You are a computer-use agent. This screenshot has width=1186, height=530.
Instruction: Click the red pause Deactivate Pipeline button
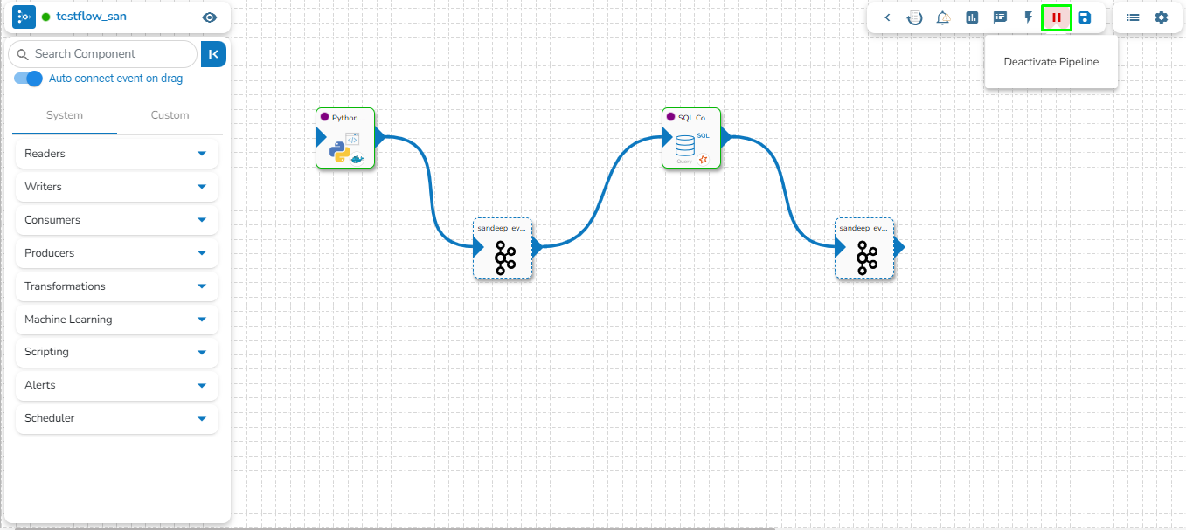click(1057, 17)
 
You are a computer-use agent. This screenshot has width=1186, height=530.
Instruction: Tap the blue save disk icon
click(1085, 17)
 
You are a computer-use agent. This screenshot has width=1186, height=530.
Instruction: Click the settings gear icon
click(1161, 17)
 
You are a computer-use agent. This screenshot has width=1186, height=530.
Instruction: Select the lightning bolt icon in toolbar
click(1029, 17)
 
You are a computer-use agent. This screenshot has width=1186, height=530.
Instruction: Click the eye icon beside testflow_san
click(209, 17)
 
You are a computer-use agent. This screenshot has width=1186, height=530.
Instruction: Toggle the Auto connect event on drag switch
click(29, 79)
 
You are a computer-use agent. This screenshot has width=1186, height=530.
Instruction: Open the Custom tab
click(170, 115)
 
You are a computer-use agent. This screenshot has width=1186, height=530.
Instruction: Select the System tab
click(65, 115)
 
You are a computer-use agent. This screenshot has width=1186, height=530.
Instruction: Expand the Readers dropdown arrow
click(202, 154)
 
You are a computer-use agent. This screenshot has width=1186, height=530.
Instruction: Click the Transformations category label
click(65, 286)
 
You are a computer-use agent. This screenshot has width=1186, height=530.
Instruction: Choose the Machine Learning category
click(68, 320)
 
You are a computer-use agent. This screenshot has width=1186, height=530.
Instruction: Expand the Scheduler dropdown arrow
click(202, 418)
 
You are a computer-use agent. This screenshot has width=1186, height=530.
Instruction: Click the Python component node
click(345, 140)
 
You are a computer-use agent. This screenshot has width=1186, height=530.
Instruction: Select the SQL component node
click(691, 140)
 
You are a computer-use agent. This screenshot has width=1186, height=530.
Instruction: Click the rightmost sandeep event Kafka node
click(864, 250)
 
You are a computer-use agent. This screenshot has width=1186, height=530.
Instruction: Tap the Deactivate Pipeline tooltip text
click(1051, 62)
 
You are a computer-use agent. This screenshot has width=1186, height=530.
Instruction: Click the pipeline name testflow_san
click(91, 17)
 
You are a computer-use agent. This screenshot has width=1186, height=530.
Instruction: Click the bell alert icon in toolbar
click(943, 17)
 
